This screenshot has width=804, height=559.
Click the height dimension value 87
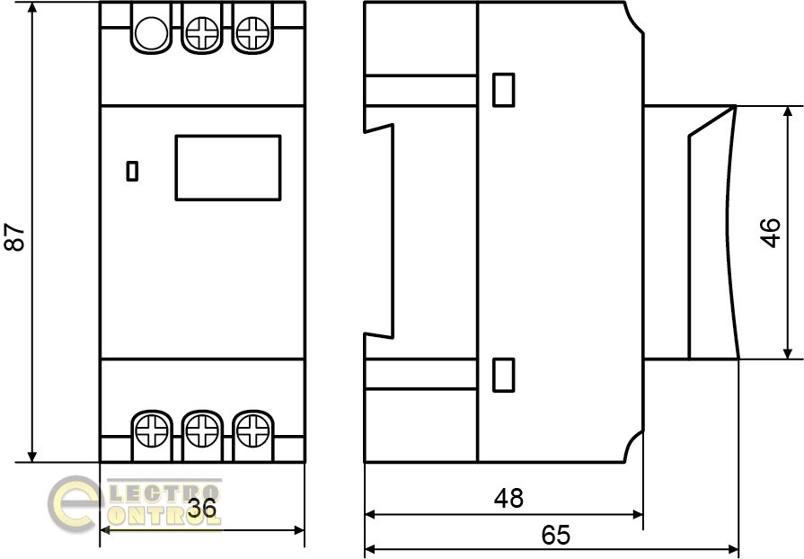15,237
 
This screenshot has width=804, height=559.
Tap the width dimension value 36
202,509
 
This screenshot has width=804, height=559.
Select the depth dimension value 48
508,498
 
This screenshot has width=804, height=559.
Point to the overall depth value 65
555,535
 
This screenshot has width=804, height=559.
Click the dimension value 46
770,233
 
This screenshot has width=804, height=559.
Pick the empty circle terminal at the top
151,33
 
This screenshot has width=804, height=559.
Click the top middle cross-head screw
202,33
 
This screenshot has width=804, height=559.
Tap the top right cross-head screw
252,33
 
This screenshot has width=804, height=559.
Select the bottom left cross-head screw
152,430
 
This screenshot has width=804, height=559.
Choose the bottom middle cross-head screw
202,430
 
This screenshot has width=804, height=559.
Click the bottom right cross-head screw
252,430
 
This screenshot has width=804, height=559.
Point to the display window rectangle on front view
228,168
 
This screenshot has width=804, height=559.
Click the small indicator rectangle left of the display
132,172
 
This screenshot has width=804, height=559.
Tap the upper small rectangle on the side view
504,90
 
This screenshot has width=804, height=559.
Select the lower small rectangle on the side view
504,375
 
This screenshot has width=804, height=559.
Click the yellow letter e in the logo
72,504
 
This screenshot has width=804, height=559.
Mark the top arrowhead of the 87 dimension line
32,8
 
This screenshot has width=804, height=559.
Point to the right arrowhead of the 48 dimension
637,514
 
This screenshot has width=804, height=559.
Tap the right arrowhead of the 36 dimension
298,530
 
